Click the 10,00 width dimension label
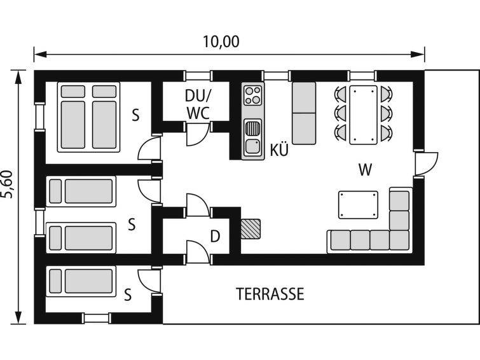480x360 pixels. (x=221, y=42)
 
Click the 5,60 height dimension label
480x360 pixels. (x=8, y=184)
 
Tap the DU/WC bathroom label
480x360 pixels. (x=198, y=104)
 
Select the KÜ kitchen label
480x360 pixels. (x=279, y=150)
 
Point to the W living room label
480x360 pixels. (x=365, y=169)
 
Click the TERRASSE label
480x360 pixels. (x=270, y=294)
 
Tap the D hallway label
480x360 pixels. (x=215, y=236)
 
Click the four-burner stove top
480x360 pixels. (x=253, y=95)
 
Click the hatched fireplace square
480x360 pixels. (x=250, y=229)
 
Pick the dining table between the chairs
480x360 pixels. (x=364, y=115)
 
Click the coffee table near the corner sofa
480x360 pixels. (x=358, y=205)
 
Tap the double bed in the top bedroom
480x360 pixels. (x=88, y=117)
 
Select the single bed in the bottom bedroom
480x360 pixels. (x=81, y=281)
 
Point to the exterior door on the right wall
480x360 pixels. (x=426, y=163)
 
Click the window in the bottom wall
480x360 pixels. (x=97, y=318)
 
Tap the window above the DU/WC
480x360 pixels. (x=198, y=76)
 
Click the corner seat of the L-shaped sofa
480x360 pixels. (x=399, y=240)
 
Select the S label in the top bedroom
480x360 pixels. (x=135, y=115)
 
